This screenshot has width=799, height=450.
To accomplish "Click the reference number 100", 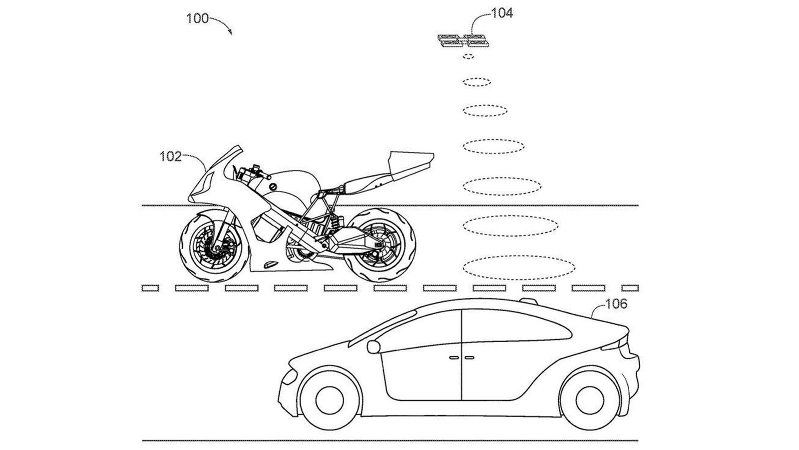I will [197, 19].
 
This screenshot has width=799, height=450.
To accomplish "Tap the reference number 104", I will [502, 13].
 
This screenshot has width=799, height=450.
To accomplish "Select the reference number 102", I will [170, 157].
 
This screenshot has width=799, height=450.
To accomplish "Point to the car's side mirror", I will [375, 345].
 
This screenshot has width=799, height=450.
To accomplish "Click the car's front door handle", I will [454, 357].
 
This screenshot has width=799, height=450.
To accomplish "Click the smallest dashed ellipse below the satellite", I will [468, 57].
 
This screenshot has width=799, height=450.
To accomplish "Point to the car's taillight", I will [622, 345].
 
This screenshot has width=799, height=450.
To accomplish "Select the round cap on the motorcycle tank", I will [273, 186].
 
